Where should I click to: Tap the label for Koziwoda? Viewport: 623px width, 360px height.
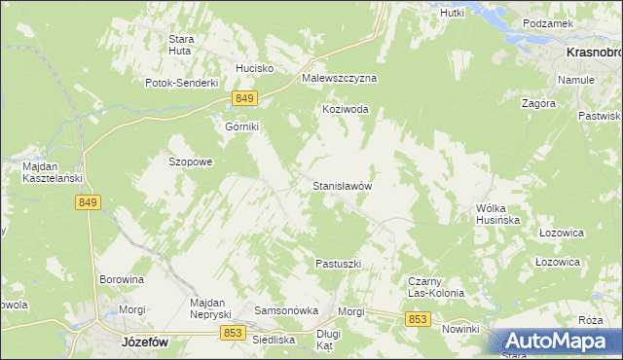346,110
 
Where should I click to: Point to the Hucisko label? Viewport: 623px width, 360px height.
255,69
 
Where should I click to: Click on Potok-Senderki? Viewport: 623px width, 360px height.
181,83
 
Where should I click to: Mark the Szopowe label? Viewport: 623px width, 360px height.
191,162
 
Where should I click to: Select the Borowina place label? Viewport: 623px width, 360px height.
122,279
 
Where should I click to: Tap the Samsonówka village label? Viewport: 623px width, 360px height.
286,310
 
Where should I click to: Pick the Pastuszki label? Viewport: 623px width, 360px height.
339,264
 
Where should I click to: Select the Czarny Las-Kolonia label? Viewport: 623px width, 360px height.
434,287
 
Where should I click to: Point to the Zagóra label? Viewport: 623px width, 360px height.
538,102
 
